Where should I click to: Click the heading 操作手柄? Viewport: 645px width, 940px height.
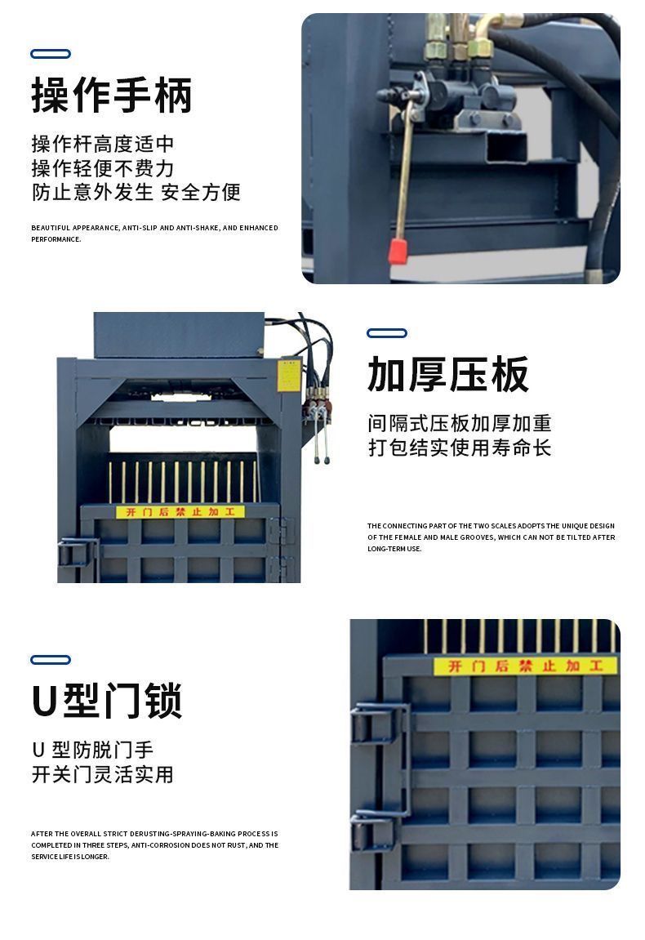point(112,95)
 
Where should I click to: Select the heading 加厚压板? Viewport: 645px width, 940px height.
point(448,375)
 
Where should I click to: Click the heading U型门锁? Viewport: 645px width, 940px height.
point(106,701)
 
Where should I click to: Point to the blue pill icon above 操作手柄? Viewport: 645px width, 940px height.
point(51,54)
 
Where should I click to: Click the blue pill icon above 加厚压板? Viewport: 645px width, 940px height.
point(387,333)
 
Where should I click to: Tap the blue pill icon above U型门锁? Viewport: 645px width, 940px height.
point(51,660)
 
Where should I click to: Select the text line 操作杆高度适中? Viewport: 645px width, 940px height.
point(103,145)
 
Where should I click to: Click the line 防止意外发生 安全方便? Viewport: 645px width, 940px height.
point(136,193)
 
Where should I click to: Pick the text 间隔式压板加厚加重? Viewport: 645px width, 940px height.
point(460,423)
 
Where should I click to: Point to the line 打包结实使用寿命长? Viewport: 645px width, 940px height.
point(460,448)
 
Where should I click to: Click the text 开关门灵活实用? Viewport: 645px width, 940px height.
point(103,774)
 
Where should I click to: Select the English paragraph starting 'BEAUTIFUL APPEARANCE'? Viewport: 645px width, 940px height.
point(154,234)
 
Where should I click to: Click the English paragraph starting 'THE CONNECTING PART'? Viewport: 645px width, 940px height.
point(491,537)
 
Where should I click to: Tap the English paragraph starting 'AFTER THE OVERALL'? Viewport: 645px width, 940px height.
point(154,845)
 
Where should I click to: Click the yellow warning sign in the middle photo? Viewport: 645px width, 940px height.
point(180,512)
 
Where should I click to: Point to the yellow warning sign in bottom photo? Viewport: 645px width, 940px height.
point(524,666)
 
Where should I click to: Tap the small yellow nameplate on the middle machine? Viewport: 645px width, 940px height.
point(289,376)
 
